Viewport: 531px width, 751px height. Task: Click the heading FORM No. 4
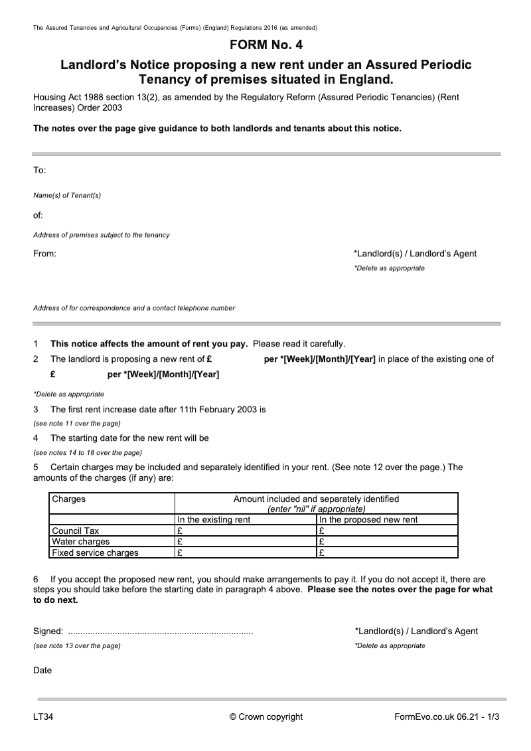265,45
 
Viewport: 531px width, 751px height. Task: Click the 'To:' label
40,171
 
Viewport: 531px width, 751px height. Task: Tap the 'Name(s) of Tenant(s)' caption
67,195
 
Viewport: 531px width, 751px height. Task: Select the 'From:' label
44,253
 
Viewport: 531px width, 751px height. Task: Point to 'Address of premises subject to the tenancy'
102,234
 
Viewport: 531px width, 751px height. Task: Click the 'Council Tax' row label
76,531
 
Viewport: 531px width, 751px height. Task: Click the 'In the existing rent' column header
214,520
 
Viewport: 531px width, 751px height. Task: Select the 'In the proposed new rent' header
369,520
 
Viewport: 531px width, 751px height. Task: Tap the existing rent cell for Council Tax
246,531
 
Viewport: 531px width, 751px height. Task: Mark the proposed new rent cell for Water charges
388,541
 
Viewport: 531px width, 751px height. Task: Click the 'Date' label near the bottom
42,671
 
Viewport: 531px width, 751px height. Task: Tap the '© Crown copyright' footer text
265,716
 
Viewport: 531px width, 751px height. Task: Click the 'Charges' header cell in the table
68,499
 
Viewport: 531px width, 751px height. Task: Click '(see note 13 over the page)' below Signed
77,645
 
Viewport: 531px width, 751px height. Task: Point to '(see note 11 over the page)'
77,423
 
